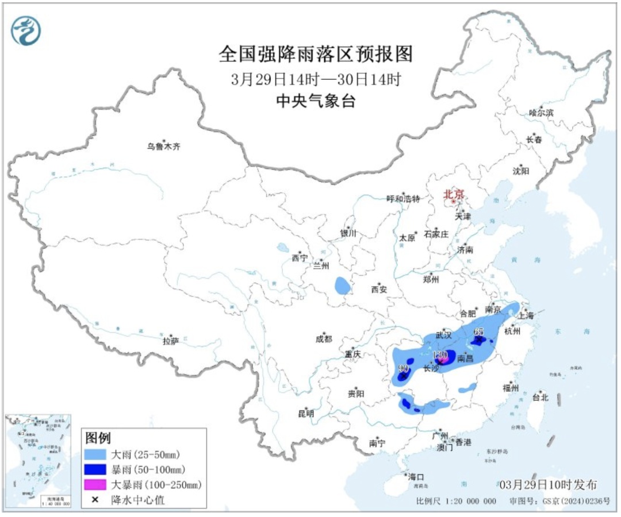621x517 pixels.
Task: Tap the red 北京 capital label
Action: point(453,195)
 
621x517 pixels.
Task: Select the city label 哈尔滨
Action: point(540,113)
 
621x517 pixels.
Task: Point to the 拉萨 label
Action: point(171,341)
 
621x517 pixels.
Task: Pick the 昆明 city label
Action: point(306,413)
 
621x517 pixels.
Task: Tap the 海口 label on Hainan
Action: point(415,477)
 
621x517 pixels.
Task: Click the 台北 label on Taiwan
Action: point(540,397)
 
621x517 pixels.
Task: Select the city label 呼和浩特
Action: point(403,199)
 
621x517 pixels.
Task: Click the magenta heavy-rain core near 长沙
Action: point(442,360)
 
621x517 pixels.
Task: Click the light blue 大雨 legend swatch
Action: point(98,454)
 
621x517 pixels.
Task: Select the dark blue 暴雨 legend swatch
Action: point(98,470)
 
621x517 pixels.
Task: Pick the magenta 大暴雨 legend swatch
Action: point(98,485)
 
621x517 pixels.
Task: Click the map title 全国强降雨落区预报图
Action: point(316,55)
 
